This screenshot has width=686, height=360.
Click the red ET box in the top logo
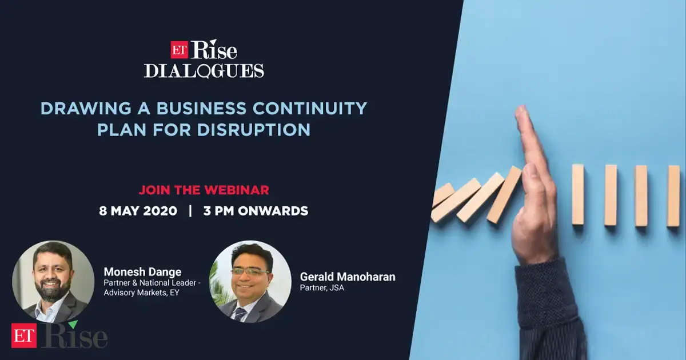180,50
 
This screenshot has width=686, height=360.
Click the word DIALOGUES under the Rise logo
204,71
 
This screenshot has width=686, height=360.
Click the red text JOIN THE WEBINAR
204,189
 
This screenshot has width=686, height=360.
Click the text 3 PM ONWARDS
256,211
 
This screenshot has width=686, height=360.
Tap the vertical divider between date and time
190,211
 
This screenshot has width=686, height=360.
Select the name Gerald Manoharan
348,277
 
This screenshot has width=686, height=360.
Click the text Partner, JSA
322,288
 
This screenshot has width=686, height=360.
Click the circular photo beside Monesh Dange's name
53,282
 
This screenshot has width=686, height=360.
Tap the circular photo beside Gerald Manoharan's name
250,282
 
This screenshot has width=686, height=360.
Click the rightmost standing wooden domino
673,195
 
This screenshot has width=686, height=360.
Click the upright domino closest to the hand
578,194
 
